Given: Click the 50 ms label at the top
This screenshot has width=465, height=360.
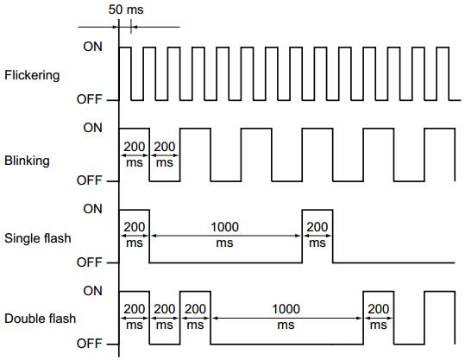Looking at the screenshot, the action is tap(126, 9).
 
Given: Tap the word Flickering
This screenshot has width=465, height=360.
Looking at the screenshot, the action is tap(32, 75).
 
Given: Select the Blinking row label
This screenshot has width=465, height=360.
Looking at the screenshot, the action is tap(27, 161).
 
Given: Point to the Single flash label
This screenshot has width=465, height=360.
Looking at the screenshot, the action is tap(38, 238).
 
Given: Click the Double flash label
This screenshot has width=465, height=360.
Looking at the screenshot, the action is tap(40, 319).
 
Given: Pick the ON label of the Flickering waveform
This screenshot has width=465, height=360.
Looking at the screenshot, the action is tap(93, 47).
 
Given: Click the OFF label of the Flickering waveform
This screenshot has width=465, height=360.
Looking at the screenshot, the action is tap(89, 99).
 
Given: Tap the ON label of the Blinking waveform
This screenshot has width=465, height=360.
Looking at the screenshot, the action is tap(93, 128).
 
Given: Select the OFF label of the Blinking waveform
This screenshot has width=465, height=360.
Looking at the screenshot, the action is tap(89, 180).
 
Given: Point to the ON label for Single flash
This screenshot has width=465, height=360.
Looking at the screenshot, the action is tap(93, 209).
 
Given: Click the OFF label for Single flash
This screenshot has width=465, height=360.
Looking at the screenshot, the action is tap(89, 262).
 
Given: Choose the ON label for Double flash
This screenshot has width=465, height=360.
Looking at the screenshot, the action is tap(93, 291).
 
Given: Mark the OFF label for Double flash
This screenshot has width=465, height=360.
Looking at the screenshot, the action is tap(89, 344).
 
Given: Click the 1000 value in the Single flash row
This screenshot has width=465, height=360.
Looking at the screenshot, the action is tap(224, 227).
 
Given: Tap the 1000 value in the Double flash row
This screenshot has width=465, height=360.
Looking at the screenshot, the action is tap(286, 309).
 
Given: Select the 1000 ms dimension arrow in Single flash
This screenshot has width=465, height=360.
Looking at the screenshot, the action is tap(226, 236).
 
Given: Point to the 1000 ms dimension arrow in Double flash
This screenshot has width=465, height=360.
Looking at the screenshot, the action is tap(287, 319).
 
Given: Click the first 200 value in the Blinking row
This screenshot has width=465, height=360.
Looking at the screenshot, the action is tap(135, 147).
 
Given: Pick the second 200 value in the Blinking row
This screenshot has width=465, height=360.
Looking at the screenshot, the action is tap(165, 147).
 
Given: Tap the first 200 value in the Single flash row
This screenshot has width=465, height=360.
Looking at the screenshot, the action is tap(135, 227).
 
